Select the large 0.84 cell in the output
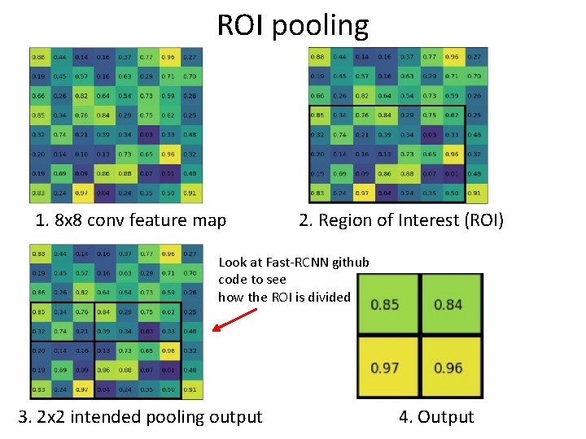pyautogui.click(x=448, y=305)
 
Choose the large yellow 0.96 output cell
pyautogui.click(x=448, y=367)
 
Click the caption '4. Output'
pyautogui.click(x=436, y=417)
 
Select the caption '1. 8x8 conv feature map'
pyautogui.click(x=131, y=220)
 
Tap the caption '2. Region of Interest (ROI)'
pyautogui.click(x=401, y=220)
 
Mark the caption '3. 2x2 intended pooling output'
pyautogui.click(x=140, y=417)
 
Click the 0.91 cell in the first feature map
pyautogui.click(x=190, y=193)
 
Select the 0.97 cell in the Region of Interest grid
pyautogui.click(x=362, y=193)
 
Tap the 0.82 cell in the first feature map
pyautogui.click(x=81, y=96)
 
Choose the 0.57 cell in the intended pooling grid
pyautogui.click(x=81, y=273)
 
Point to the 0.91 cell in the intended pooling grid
pyautogui.click(x=190, y=390)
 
